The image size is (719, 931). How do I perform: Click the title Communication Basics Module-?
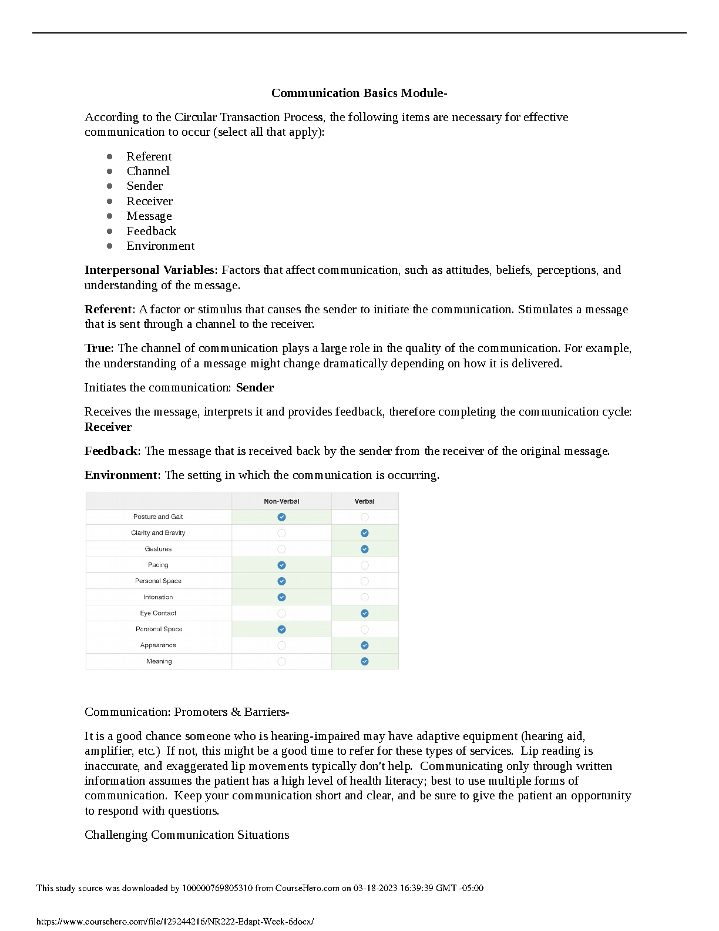[x=359, y=93]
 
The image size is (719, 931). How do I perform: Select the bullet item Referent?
[x=149, y=156]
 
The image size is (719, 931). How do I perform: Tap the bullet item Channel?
[x=148, y=171]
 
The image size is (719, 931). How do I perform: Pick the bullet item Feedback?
[x=151, y=231]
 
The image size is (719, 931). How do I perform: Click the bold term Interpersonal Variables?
[x=149, y=270]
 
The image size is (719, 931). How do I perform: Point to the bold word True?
[x=98, y=348]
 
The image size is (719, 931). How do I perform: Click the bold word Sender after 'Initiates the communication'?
[x=255, y=387]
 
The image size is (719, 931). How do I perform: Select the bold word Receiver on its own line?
[x=108, y=427]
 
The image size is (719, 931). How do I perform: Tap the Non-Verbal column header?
[x=281, y=501]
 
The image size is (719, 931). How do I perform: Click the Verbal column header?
[x=364, y=501]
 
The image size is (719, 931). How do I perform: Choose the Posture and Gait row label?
[x=158, y=517]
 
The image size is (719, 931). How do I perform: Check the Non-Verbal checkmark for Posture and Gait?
[x=282, y=517]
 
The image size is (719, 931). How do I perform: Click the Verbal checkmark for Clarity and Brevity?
[x=365, y=533]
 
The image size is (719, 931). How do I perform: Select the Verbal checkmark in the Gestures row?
[x=365, y=549]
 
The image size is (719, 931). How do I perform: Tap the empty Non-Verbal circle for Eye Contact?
[x=282, y=613]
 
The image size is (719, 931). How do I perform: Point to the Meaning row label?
[x=159, y=661]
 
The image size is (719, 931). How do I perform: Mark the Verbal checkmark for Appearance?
[x=365, y=645]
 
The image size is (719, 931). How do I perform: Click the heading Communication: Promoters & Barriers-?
[x=187, y=712]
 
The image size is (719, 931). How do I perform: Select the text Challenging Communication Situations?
[x=187, y=835]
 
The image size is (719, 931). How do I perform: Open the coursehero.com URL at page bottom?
[x=175, y=922]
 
